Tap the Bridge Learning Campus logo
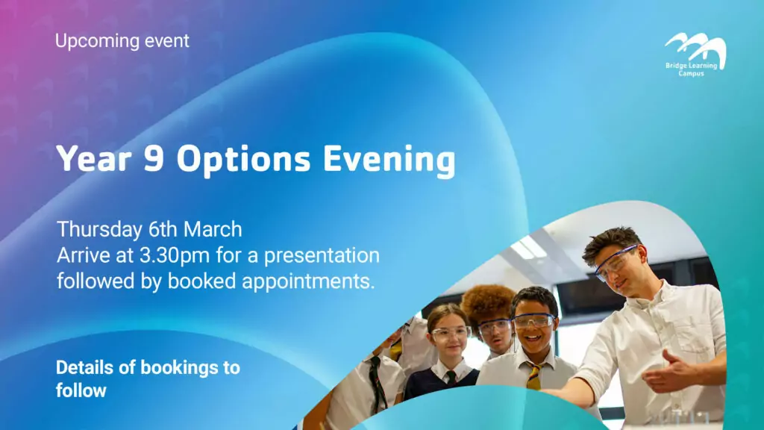695,54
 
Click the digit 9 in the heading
154,158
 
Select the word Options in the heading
244,160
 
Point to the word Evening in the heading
389,160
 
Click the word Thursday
101,230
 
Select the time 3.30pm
175,256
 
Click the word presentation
322,256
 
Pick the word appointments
308,281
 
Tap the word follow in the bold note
81,390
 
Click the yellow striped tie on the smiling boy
533,376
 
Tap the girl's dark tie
451,377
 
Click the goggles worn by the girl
450,334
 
